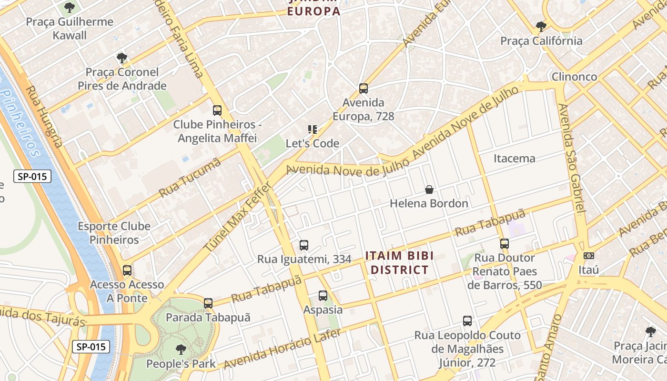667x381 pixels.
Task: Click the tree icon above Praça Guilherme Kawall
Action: click(x=70, y=8)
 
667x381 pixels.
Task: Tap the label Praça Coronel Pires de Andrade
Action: click(x=122, y=79)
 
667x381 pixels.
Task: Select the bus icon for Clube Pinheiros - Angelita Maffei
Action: click(x=217, y=110)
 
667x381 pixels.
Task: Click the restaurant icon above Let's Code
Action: click(x=313, y=129)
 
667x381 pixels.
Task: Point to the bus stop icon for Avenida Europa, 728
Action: click(x=364, y=89)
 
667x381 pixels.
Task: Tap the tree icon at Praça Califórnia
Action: click(x=541, y=27)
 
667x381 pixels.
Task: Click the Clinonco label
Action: click(x=574, y=77)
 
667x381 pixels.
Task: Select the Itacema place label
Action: click(x=514, y=159)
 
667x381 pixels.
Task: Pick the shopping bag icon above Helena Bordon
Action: click(x=429, y=190)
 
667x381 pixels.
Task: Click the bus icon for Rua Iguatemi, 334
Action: click(x=304, y=245)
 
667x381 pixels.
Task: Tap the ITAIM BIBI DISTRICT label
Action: click(x=399, y=263)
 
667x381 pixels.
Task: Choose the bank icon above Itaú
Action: click(x=589, y=256)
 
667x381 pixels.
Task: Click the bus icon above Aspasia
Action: click(x=323, y=296)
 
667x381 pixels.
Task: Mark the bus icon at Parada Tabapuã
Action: click(x=208, y=303)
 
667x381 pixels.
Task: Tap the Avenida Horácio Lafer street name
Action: click(x=282, y=349)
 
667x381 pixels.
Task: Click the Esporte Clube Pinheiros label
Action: click(x=114, y=233)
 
